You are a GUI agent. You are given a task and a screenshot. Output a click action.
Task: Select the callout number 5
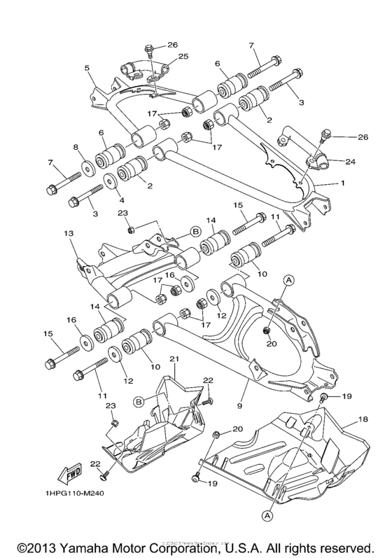87,69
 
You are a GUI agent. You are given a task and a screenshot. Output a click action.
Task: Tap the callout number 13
69,233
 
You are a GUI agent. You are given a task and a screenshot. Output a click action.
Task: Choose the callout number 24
350,161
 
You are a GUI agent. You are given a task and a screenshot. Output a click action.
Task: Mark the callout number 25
183,56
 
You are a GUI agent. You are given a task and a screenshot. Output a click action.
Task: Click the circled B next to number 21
139,402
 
